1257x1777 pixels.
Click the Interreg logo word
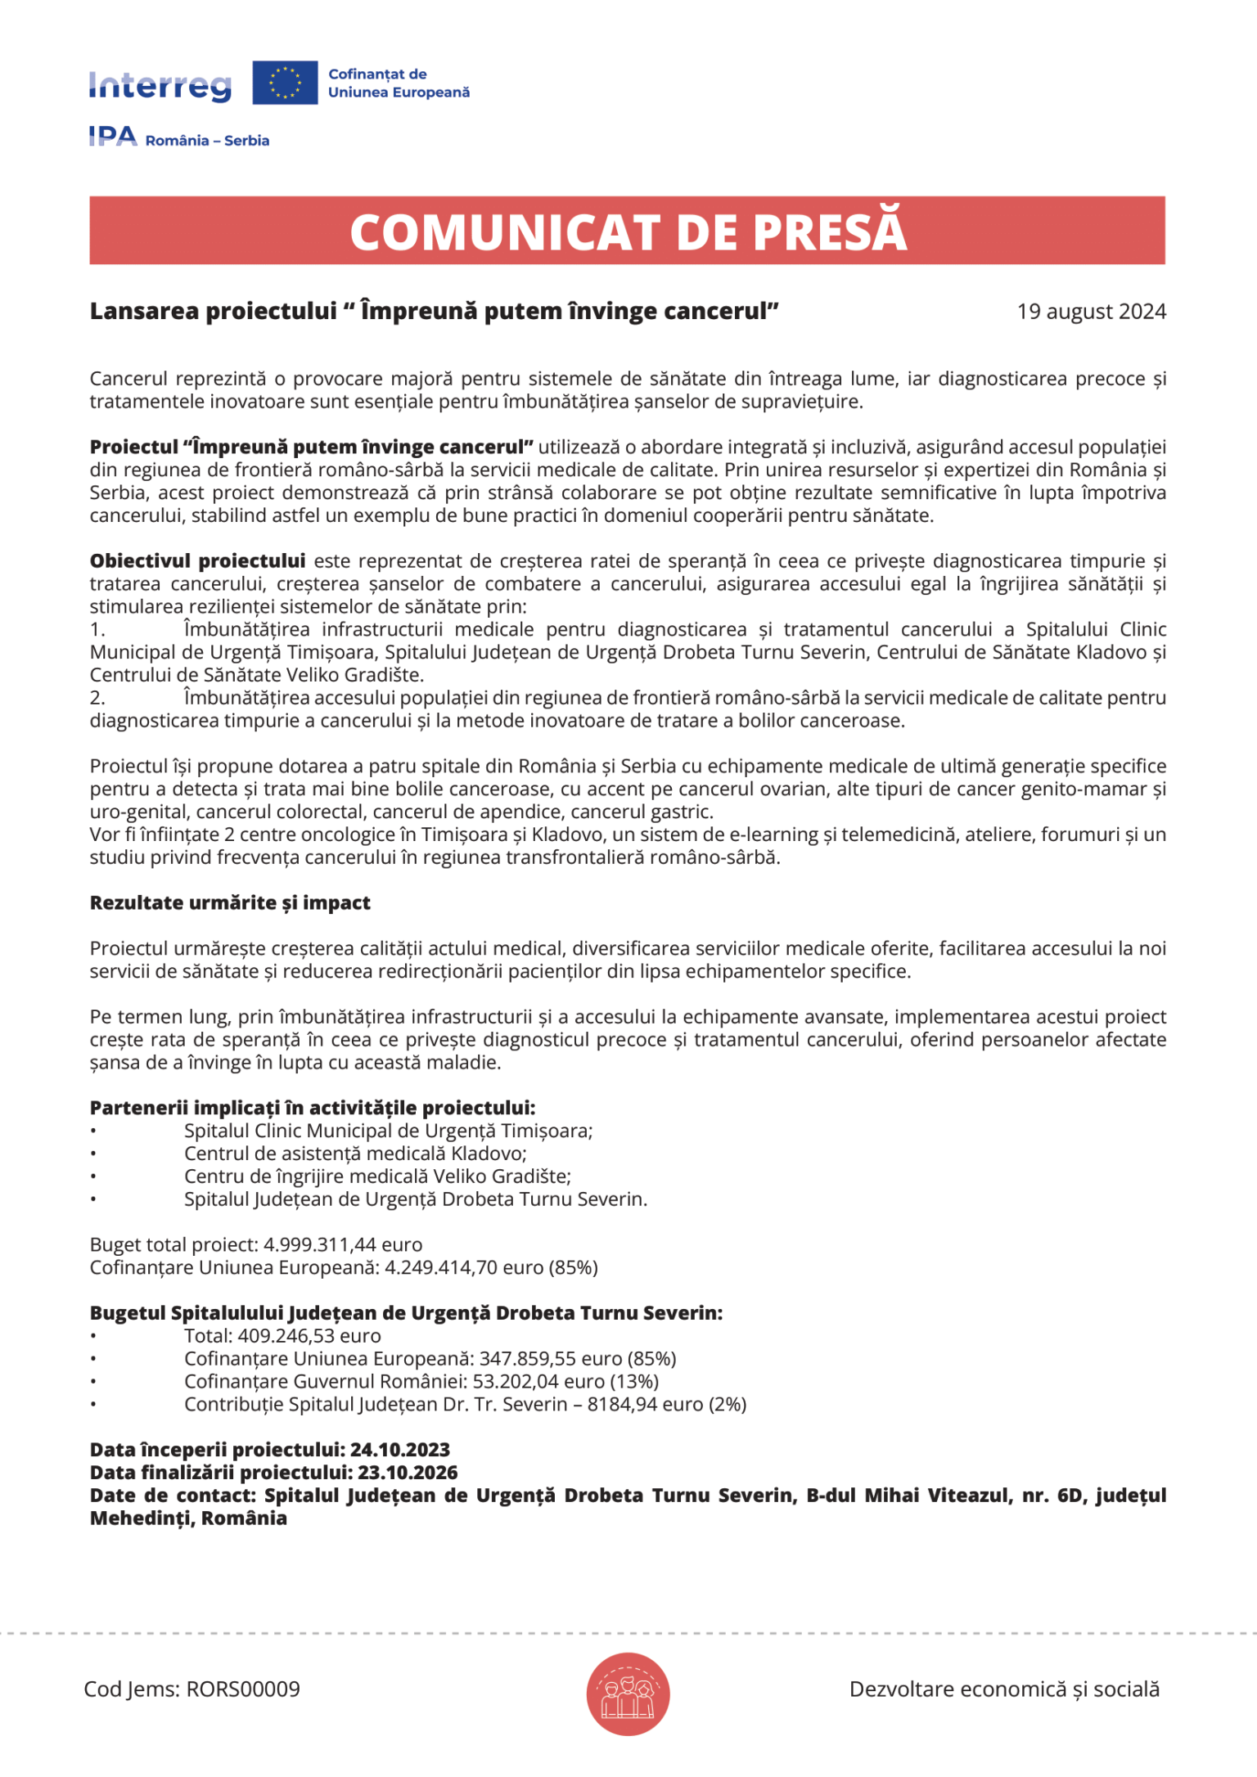[160, 85]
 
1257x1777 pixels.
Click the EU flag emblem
[285, 83]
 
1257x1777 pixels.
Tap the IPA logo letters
[113, 136]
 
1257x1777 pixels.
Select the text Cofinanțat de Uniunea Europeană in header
[399, 83]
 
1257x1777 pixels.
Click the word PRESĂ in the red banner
[829, 232]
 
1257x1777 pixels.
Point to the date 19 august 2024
[1091, 312]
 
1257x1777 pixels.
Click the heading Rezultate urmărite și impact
[230, 903]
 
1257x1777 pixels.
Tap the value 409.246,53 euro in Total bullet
[309, 1337]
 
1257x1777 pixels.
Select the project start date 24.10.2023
[400, 1451]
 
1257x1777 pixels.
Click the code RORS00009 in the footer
[243, 1689]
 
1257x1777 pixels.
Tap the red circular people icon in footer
[628, 1694]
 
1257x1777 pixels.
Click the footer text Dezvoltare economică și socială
[1004, 1689]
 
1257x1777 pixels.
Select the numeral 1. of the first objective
[97, 630]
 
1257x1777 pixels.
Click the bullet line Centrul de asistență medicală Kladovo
[355, 1154]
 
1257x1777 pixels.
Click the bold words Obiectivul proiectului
[197, 561]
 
